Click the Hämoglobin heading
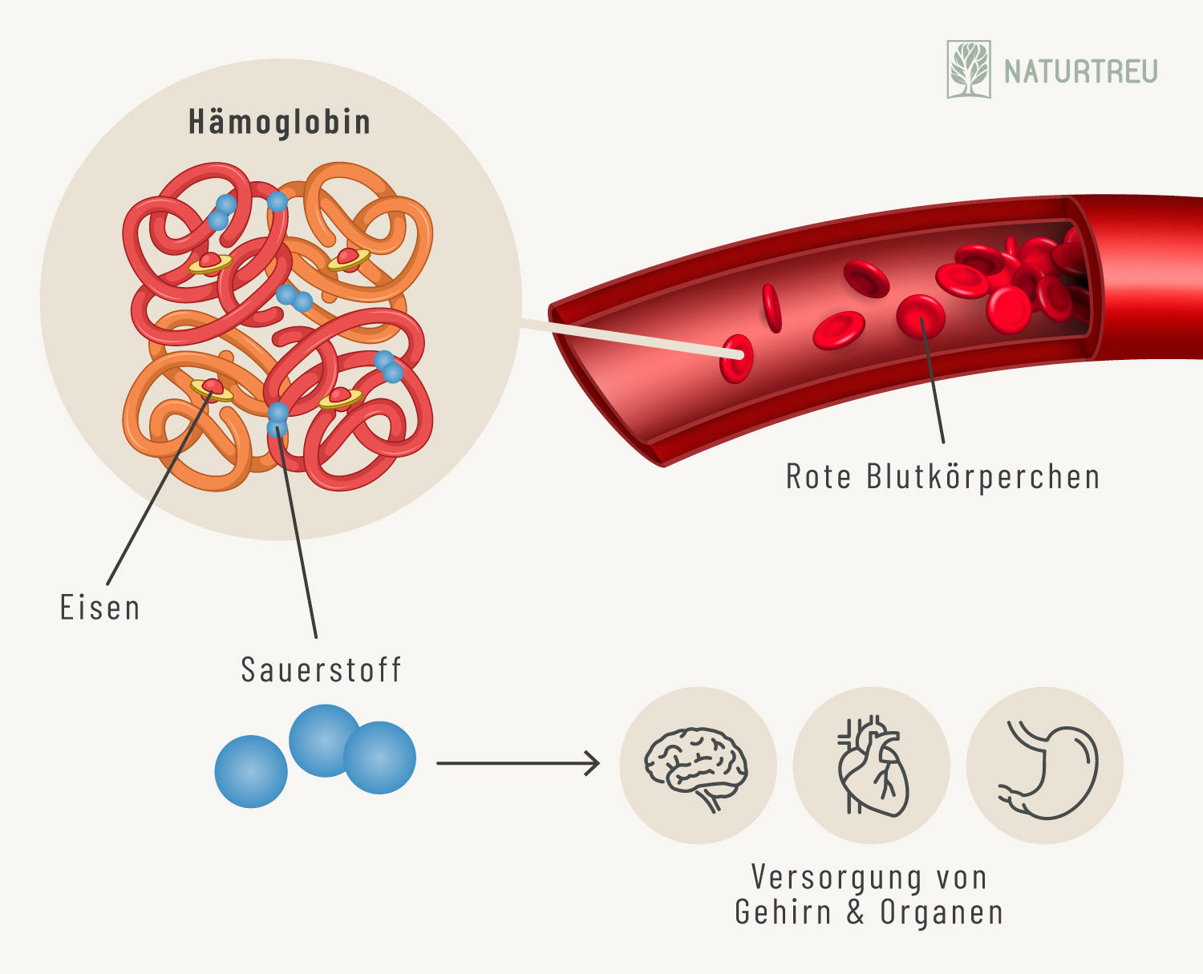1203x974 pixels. [279, 122]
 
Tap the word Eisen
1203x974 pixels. [100, 608]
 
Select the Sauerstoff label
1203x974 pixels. [321, 669]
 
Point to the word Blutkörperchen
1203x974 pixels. [982, 476]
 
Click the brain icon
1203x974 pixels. [696, 766]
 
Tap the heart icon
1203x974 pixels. [872, 766]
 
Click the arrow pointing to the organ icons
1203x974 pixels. [518, 763]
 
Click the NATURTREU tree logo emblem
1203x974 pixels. [969, 70]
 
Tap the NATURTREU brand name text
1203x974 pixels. [1081, 71]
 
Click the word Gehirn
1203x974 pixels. [782, 912]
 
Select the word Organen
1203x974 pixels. [942, 912]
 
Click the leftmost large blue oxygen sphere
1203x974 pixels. [251, 771]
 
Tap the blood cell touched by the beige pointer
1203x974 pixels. [736, 358]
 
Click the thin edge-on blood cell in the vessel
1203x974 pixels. [772, 308]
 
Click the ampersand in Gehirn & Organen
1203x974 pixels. [856, 912]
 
